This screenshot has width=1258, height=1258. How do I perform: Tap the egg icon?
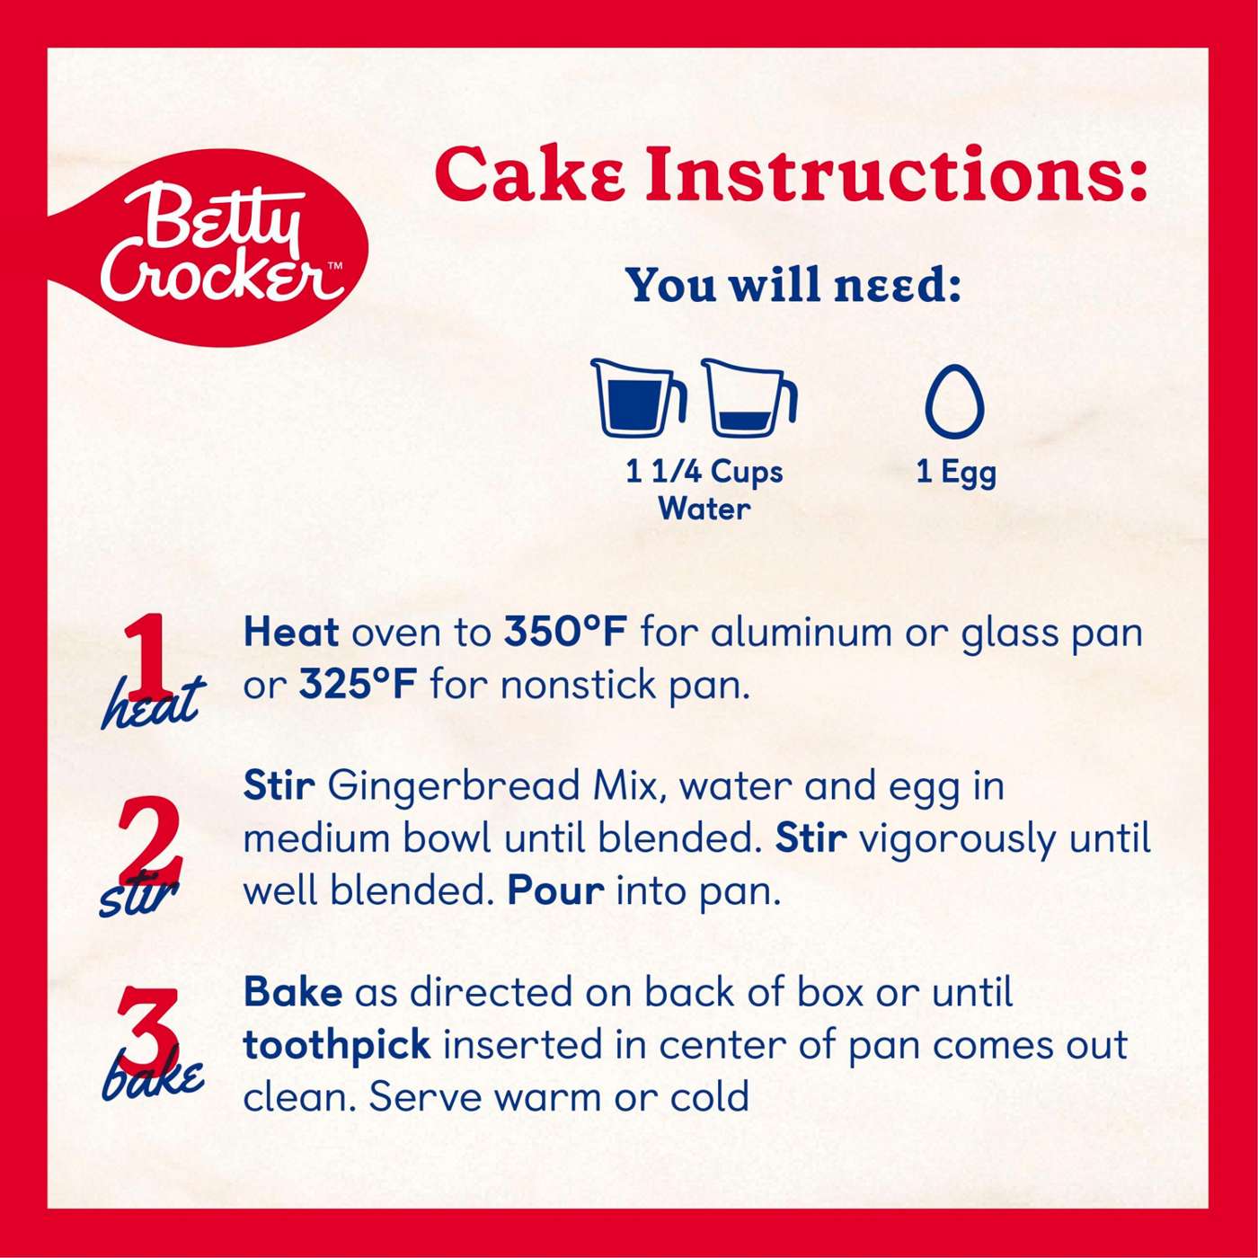tap(954, 401)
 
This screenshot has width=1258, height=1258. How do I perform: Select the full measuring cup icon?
tap(638, 397)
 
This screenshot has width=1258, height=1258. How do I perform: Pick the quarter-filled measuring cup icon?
tap(749, 397)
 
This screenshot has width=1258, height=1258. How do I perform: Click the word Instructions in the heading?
tap(896, 175)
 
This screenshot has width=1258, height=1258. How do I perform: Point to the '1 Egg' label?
tap(956, 473)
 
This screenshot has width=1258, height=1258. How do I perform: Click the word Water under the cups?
tap(704, 509)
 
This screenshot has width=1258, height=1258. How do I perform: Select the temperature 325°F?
tap(357, 684)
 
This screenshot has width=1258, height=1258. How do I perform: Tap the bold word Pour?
tap(556, 890)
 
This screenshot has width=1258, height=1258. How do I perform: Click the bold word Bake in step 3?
tap(292, 992)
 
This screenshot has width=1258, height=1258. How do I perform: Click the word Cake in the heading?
tap(534, 175)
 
